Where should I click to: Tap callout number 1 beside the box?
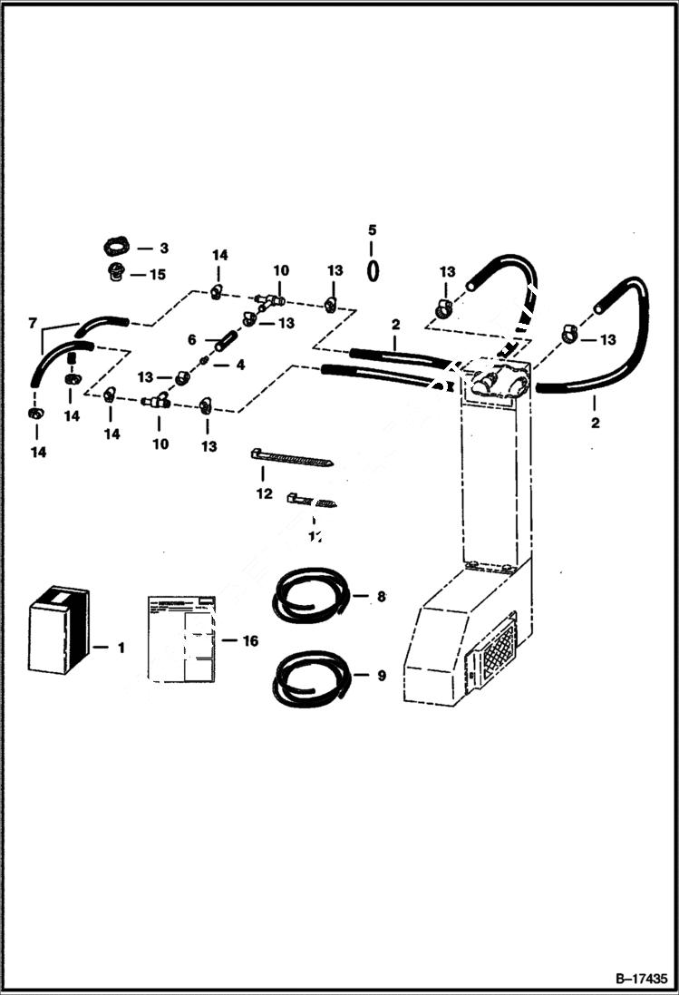121,648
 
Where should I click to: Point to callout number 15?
159,274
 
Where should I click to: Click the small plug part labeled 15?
115,273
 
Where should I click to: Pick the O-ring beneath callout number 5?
373,269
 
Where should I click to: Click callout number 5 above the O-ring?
372,230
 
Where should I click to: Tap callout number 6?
191,339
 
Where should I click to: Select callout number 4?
240,365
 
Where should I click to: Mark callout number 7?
34,323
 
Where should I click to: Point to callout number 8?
381,596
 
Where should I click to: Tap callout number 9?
381,675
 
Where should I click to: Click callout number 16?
250,641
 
